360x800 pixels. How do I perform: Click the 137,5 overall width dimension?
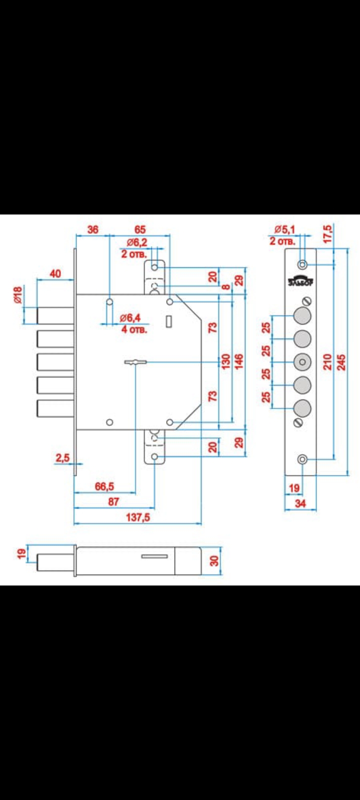(137, 517)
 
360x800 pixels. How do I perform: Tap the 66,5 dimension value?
(104, 486)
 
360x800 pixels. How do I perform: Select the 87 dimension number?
(113, 502)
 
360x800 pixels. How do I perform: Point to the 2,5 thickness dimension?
(62, 458)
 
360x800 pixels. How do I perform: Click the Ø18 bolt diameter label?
(17, 295)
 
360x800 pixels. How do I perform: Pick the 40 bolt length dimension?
(55, 273)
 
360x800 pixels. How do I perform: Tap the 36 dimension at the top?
(92, 229)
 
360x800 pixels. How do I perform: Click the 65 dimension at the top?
(140, 229)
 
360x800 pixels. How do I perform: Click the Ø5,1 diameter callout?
(284, 229)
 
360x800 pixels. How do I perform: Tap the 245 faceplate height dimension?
(342, 361)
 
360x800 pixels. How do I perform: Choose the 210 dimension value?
(327, 361)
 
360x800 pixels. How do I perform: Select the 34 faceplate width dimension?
(300, 504)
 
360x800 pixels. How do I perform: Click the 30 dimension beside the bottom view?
(214, 560)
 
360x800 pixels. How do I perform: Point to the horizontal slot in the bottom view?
(155, 556)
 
